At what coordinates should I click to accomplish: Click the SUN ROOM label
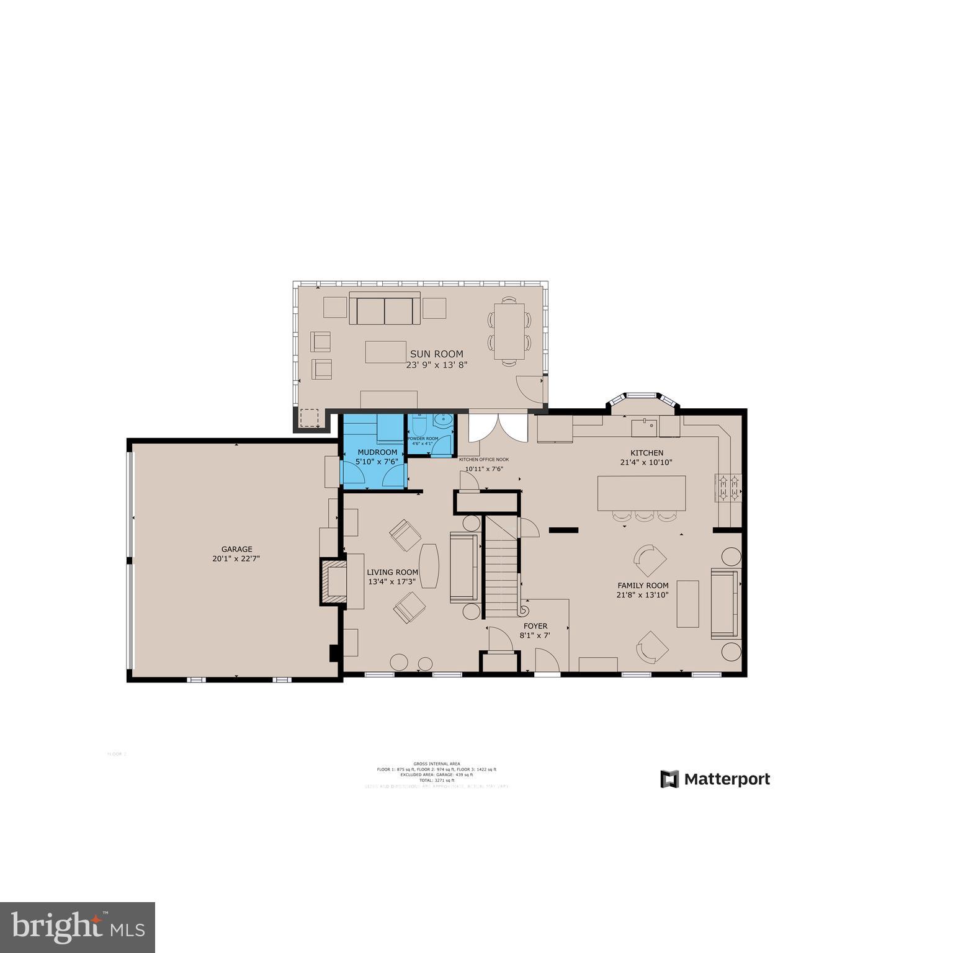click(436, 354)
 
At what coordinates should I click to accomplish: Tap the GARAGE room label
click(237, 549)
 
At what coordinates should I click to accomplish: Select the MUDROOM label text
click(377, 452)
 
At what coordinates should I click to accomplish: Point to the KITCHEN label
click(647, 453)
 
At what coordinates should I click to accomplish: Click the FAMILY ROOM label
click(643, 585)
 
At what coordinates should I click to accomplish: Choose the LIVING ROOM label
click(392, 572)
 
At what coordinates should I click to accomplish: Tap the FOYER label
click(535, 626)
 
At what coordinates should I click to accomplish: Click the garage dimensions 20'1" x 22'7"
click(236, 558)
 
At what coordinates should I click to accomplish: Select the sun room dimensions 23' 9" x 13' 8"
click(436, 365)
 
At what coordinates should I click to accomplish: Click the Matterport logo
click(715, 779)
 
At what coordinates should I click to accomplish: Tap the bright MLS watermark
click(78, 927)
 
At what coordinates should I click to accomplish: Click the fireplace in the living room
click(334, 581)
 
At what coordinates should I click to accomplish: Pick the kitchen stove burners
click(729, 487)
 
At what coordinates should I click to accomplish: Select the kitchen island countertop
click(642, 493)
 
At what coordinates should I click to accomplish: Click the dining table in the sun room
click(509, 331)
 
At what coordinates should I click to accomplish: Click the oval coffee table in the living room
click(429, 565)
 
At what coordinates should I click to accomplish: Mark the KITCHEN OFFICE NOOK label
click(484, 459)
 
